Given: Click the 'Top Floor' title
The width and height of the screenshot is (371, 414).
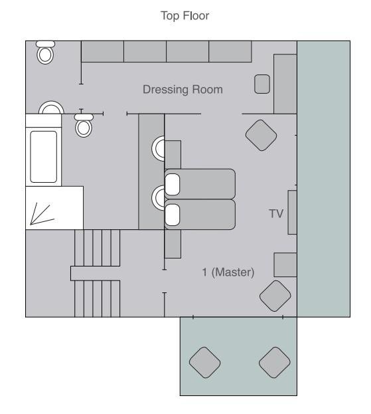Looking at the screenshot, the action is click(x=185, y=15).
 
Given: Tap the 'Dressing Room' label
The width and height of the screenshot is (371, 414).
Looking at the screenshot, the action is click(x=183, y=90).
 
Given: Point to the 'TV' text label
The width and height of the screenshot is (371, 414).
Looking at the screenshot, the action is click(x=276, y=213).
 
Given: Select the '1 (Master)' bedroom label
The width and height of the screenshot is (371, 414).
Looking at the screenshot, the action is click(x=228, y=272).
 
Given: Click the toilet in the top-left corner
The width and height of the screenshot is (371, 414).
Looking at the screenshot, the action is click(x=45, y=52).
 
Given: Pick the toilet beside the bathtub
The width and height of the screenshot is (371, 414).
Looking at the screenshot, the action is click(x=84, y=126).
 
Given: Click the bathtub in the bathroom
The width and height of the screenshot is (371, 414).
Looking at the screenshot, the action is click(x=44, y=157).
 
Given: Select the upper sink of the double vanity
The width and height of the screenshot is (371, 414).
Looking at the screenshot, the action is click(x=158, y=148).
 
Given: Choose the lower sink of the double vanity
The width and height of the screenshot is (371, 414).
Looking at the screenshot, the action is click(x=158, y=198).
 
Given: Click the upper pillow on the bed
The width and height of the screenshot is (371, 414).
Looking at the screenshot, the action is click(x=172, y=185).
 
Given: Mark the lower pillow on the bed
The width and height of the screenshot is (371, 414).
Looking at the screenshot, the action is click(x=172, y=215).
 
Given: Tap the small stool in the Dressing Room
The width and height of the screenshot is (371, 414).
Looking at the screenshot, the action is click(x=262, y=84).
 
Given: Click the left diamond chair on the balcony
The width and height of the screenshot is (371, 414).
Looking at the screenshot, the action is click(x=205, y=362).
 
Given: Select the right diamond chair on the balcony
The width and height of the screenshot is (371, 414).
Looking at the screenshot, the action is click(x=275, y=362).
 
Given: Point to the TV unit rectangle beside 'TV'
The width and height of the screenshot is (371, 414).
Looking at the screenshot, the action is click(x=293, y=212).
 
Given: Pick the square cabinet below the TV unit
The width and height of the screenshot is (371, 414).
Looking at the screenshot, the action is click(x=285, y=265).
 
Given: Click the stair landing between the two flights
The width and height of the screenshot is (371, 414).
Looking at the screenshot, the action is click(x=95, y=273).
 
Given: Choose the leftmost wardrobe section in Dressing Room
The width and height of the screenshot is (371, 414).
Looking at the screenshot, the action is click(x=102, y=51).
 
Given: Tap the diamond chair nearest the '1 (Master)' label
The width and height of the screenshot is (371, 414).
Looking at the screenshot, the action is click(x=275, y=296).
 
